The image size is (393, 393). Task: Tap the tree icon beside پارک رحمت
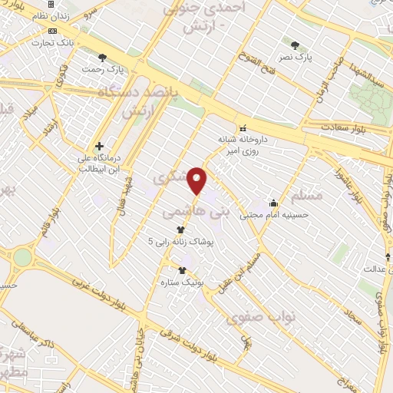click(103, 58)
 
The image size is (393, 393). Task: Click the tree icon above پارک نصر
click(296, 45)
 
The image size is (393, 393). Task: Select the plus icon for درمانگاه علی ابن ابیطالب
click(99, 146)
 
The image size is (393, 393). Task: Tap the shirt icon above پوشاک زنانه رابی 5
click(181, 229)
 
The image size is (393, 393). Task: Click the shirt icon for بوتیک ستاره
click(183, 269)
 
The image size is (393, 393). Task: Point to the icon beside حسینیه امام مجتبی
click(273, 203)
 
